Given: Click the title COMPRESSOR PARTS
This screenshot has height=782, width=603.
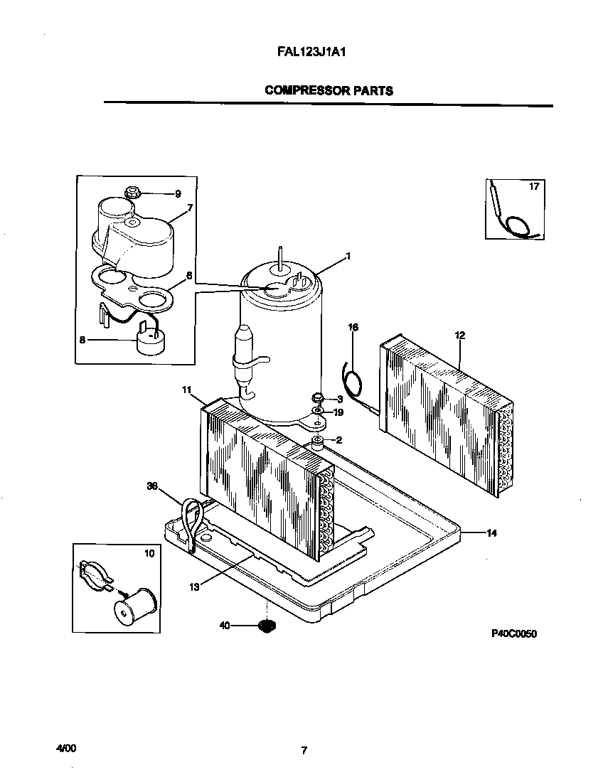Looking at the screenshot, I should (x=329, y=90).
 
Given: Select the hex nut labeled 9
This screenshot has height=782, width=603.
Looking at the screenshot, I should (x=132, y=192).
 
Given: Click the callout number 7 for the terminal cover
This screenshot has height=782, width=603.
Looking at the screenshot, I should (x=190, y=208).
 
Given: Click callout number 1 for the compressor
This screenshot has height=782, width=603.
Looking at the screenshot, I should (x=348, y=255).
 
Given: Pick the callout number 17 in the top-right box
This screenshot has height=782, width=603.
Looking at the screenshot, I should (x=534, y=187).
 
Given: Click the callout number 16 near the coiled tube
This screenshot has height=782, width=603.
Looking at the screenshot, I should (x=353, y=328).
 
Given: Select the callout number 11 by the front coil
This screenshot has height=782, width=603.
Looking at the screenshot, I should (x=187, y=390).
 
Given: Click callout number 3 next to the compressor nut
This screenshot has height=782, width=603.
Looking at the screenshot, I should (x=339, y=400).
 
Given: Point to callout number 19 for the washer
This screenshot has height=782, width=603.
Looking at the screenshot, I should (x=339, y=412).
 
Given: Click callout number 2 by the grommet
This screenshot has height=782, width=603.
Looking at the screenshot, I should (x=339, y=440).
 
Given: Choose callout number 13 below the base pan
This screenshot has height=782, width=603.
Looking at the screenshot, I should (x=194, y=586).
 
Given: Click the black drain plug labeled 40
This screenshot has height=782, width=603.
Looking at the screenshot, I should (x=266, y=626).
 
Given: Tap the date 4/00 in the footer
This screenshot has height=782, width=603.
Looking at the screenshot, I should (x=65, y=749).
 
